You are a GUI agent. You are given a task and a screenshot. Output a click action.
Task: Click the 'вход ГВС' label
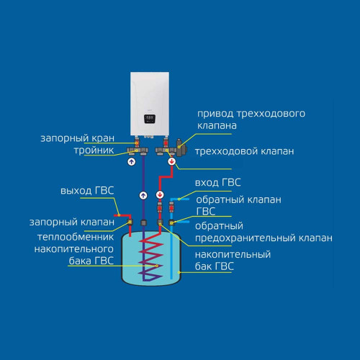pos(223,183)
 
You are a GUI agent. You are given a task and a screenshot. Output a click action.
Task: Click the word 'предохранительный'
pos(264,238)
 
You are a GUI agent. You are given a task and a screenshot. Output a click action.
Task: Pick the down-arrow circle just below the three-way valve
pos(171,163)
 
